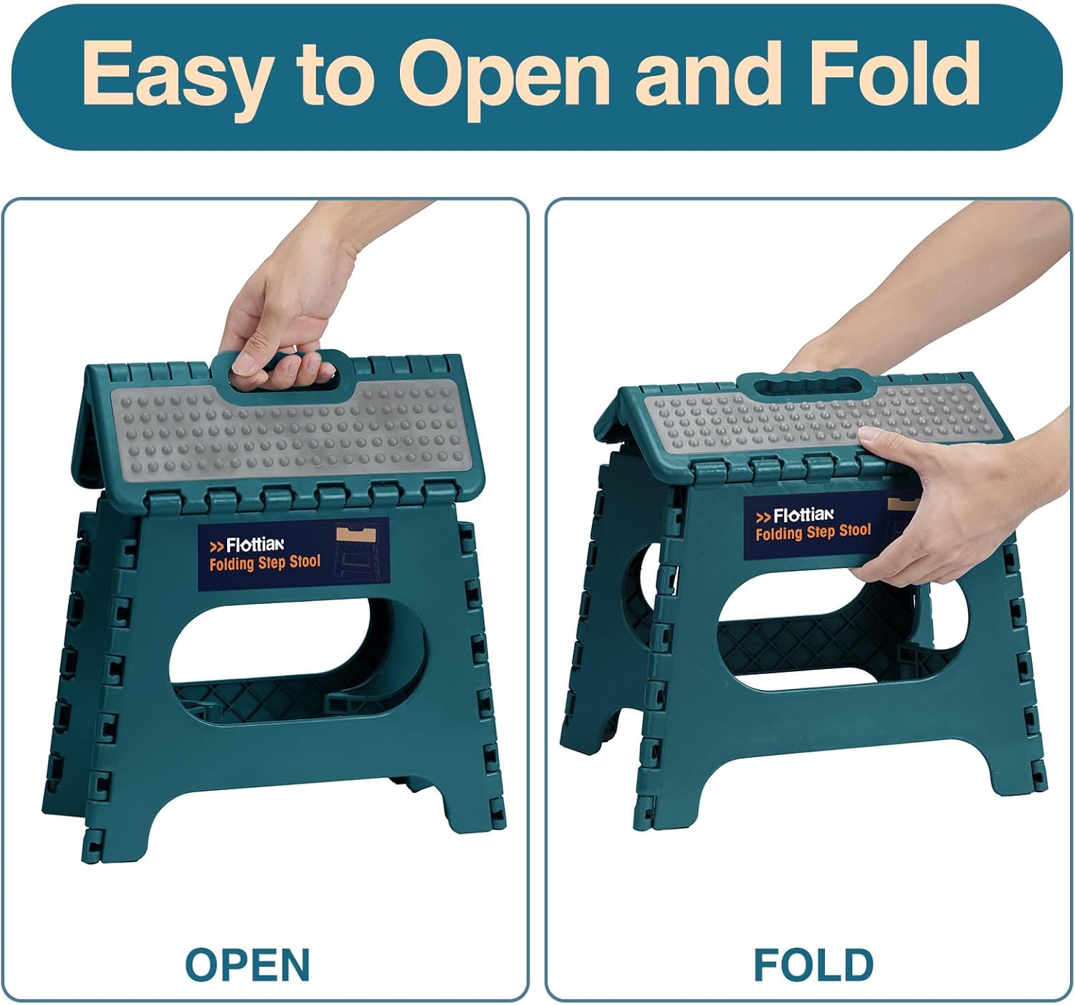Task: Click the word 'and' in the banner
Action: (709, 72)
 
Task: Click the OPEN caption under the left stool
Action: (247, 965)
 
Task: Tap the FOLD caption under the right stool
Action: (813, 965)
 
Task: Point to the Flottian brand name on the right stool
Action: (804, 515)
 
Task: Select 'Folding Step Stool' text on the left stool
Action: (265, 563)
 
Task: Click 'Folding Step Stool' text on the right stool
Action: (813, 532)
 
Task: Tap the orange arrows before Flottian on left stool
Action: (216, 547)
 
